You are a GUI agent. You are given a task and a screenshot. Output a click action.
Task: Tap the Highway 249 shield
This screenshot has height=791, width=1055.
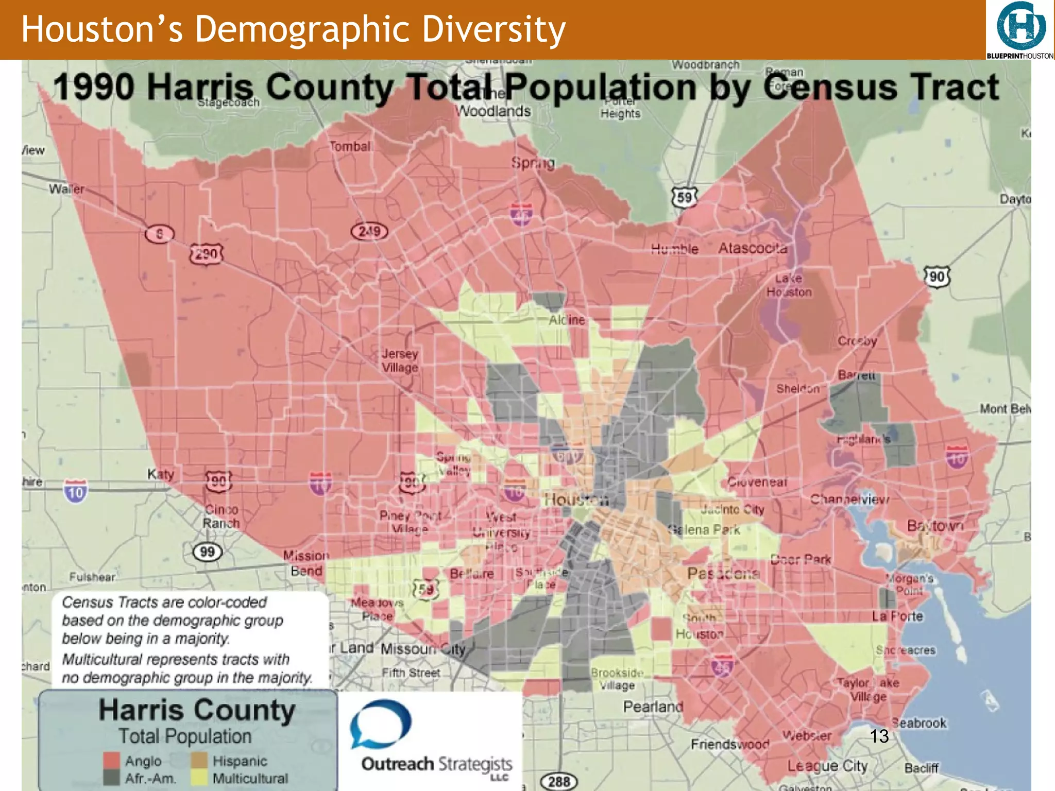click(369, 231)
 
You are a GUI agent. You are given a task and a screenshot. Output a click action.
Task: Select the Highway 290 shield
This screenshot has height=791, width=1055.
click(206, 253)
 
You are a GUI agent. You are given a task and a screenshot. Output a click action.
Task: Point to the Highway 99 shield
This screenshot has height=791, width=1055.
click(207, 552)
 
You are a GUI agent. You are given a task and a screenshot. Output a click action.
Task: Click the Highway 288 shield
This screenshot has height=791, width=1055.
click(558, 782)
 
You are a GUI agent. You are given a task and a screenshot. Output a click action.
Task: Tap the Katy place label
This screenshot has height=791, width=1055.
click(160, 474)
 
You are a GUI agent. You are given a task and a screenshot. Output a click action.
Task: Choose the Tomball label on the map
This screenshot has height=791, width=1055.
click(350, 147)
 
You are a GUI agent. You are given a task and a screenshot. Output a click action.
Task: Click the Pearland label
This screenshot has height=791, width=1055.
click(653, 707)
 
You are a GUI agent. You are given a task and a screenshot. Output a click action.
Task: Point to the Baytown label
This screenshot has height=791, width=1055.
click(934, 526)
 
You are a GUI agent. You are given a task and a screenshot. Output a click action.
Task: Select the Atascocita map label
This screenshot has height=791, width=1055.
click(753, 248)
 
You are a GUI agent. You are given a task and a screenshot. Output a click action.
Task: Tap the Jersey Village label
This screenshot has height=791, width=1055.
click(400, 360)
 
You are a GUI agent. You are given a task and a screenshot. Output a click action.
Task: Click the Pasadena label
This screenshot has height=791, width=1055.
click(723, 573)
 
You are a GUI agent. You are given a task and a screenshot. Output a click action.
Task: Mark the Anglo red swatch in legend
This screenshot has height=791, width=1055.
click(111, 761)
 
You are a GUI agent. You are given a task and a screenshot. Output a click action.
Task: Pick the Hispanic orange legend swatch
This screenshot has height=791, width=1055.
click(199, 761)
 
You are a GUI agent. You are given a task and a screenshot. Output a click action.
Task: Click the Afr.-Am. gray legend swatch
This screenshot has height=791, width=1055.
click(111, 778)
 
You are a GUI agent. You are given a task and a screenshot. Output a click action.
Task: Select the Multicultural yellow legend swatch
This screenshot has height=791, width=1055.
click(199, 778)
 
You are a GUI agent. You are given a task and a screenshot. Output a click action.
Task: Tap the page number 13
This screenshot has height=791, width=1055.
click(879, 736)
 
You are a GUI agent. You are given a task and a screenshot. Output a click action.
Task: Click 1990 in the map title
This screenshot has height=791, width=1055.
click(94, 87)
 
